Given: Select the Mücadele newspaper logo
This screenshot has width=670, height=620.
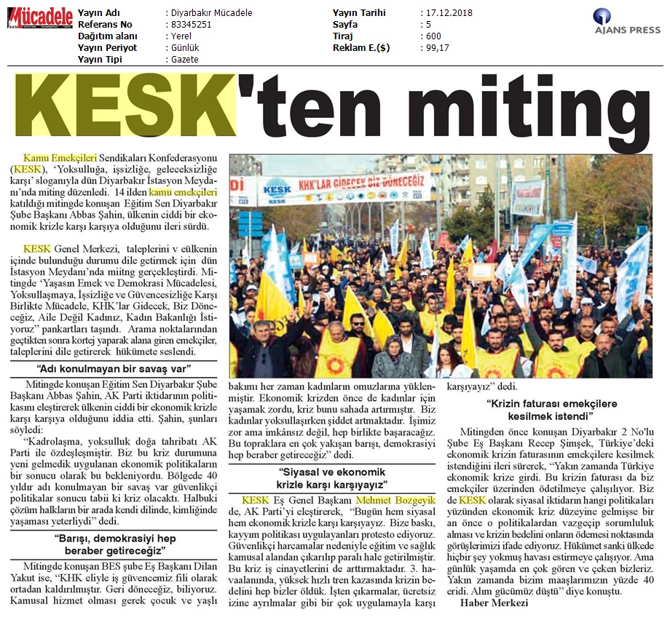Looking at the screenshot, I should coord(40,17).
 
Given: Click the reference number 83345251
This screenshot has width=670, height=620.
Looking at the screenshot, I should coord(189,25).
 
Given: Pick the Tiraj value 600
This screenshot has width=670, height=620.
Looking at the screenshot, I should coord(433,36).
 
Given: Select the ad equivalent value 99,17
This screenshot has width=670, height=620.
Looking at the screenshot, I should coord(436,48).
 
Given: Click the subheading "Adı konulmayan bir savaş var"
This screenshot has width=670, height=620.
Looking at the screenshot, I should coord(117,368).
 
